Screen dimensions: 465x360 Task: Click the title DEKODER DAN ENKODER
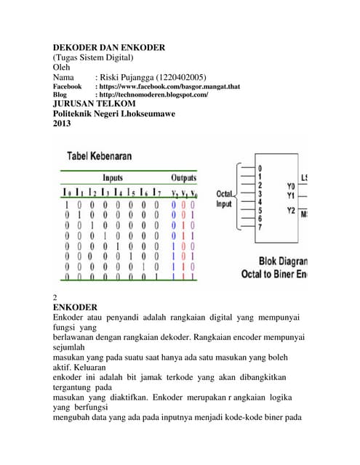pos(109,48)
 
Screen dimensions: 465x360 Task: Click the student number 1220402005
pos(180,76)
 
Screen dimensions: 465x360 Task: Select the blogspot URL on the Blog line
pos(151,95)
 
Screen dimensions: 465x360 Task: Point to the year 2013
pos(64,123)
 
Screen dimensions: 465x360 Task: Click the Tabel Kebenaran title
pos(107,156)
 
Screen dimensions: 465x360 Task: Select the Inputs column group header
pos(113,177)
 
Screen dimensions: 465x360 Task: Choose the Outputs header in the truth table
pos(183,177)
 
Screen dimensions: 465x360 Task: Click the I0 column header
pos(67,193)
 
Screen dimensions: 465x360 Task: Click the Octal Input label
pos(225,199)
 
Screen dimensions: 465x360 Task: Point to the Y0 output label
pos(291,186)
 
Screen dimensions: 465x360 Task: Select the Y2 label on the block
pos(291,211)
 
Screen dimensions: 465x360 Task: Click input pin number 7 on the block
pos(260,227)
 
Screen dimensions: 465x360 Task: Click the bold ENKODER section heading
pos(80,308)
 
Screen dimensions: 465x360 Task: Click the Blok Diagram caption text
pos(283,261)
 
